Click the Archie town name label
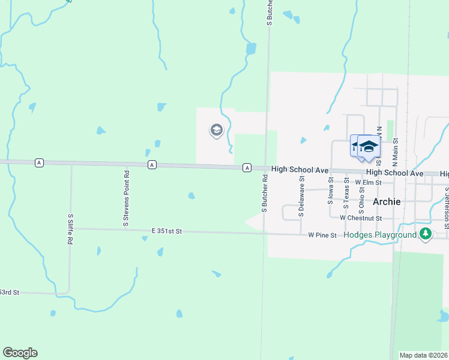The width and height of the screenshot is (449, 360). coord(387,202)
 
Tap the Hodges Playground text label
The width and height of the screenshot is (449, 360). coord(381,235)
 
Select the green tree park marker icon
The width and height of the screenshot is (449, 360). coord(426,234)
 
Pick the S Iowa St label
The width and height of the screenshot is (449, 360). coord(330,191)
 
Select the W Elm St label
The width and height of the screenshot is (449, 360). coord(368,182)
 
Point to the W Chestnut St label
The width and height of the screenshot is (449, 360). coord(360,218)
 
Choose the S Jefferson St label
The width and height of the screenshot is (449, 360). coord(447,205)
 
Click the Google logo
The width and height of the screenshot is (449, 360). coord(20,353)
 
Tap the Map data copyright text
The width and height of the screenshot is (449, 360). coord(424,355)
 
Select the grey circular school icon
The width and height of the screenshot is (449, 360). coord(215,130)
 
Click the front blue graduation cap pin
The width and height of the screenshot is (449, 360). coord(369,146)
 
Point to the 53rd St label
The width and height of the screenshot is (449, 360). coord(10,292)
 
